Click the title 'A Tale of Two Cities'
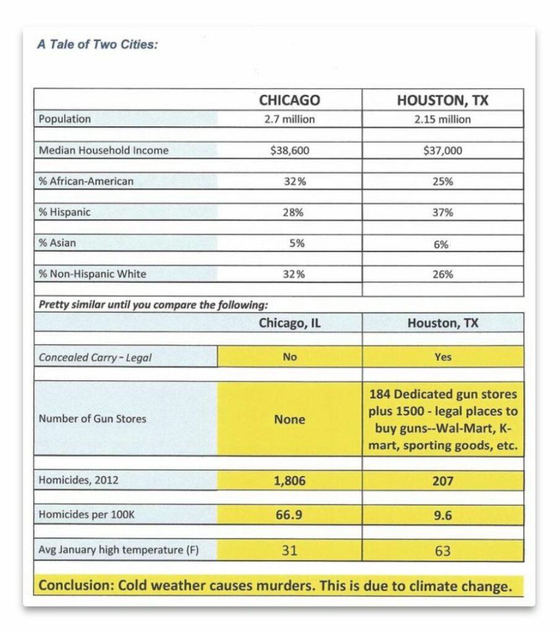pos(96,45)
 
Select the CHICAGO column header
pos(289,100)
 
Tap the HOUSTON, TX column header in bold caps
pos(442,100)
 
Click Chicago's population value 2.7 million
pos(289,119)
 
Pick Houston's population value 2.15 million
pos(442,119)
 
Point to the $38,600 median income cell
pos(289,150)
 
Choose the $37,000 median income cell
pos(442,150)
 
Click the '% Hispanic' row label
pos(65,212)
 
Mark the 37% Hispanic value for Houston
pos(442,213)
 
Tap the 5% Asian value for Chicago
pos(296,244)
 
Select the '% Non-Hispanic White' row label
pos(93,274)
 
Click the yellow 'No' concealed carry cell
pos(289,357)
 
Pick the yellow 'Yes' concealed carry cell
pos(443,357)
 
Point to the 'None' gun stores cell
pos(289,419)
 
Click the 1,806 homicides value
pos(289,480)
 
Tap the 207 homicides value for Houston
pos(443,480)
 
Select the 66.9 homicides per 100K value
pos(289,514)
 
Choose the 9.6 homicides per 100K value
pos(443,514)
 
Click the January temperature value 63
pos(443,550)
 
